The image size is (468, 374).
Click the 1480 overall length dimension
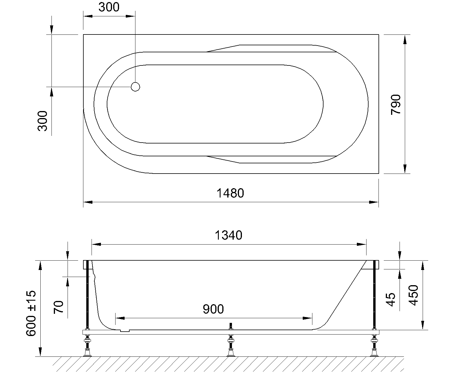coord(230,193)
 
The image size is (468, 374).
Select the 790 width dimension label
coord(395,105)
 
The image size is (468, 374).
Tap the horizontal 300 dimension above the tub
coord(109,7)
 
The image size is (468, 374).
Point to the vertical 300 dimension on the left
coord(42,121)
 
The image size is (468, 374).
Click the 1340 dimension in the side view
coord(228,235)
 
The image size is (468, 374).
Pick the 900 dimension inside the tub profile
coord(213,309)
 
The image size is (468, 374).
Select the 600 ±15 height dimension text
coord(31,313)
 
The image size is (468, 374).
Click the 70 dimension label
coord(58,307)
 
